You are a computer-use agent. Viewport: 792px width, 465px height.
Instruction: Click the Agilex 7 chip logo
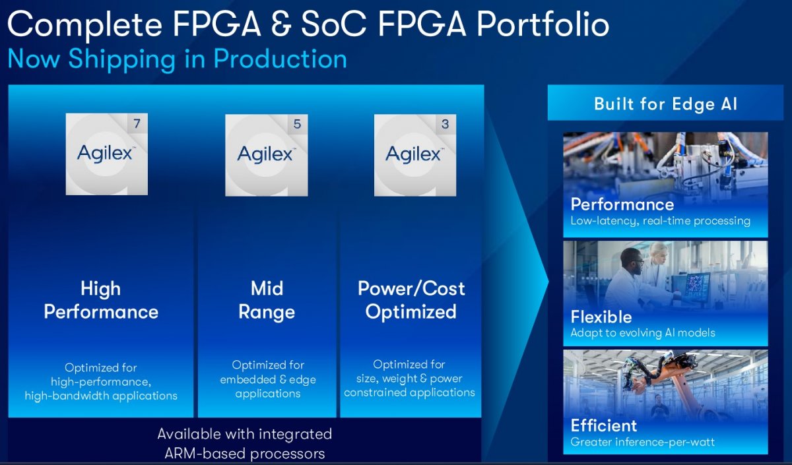point(107,154)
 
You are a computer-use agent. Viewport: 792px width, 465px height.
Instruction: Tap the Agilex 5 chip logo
point(267,155)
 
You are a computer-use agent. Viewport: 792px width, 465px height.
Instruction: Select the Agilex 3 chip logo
point(415,155)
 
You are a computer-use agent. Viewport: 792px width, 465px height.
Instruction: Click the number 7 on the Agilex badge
point(137,124)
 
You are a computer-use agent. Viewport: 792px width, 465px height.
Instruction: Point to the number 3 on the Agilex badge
point(445,124)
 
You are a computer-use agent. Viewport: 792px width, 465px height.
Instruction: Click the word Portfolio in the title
point(543,24)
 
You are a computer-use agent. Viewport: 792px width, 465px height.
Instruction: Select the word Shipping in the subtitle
point(122,59)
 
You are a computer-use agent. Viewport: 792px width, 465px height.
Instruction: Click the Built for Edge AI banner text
point(665,104)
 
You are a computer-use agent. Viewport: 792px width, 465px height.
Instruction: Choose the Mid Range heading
point(267,300)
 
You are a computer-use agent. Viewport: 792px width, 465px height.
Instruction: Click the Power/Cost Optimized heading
point(411,300)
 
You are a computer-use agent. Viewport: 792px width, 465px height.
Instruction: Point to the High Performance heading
point(101,300)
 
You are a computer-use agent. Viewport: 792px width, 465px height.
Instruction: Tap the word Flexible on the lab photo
point(601,317)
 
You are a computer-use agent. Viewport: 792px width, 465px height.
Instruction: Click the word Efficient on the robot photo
point(604,426)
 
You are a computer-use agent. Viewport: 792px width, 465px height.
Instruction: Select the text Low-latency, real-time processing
point(660,221)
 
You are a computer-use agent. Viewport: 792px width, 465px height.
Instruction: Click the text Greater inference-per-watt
point(642,442)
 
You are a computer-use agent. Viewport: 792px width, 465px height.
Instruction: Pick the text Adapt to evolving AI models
point(643,332)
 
